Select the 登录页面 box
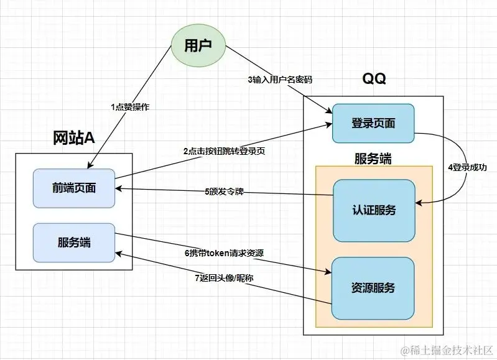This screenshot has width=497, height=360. pyautogui.click(x=373, y=122)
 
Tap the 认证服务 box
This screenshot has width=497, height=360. pyautogui.click(x=373, y=210)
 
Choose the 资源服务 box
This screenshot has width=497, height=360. pyautogui.click(x=373, y=288)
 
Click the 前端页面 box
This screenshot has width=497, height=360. pyautogui.click(x=74, y=188)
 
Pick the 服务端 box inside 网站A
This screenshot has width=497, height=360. pyautogui.click(x=74, y=241)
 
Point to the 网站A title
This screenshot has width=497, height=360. pyautogui.click(x=73, y=138)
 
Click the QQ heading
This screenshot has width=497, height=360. pyautogui.click(x=374, y=80)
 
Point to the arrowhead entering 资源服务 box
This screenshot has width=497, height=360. pyautogui.click(x=328, y=271)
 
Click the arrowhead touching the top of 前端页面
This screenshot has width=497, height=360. pyautogui.click(x=88, y=166)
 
